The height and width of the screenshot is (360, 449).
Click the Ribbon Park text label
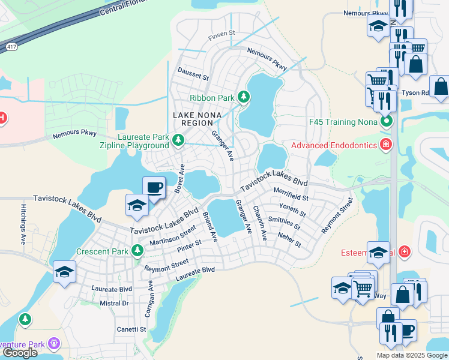click(x=212, y=98)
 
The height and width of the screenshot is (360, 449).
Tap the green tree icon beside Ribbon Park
click(x=243, y=96)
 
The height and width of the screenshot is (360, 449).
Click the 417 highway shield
click(x=11, y=46)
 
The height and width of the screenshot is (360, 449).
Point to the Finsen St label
click(x=221, y=36)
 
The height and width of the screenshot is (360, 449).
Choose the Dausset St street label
click(x=193, y=74)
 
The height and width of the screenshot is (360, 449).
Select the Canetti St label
click(x=131, y=329)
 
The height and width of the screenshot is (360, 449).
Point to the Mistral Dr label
click(x=114, y=304)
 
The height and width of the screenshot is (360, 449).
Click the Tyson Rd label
click(x=415, y=93)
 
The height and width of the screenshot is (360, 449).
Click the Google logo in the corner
click(x=20, y=353)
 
